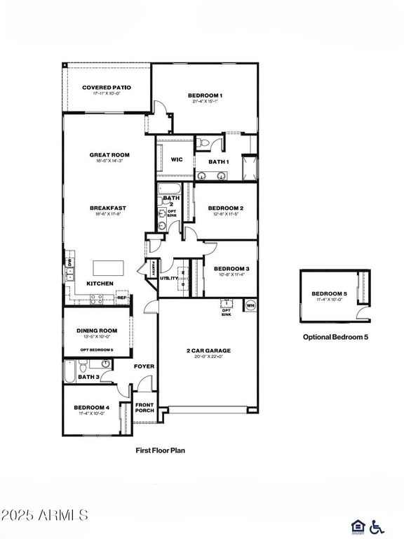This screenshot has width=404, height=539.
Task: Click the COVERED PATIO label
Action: point(107,88)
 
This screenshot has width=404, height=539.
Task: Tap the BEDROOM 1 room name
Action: point(205,95)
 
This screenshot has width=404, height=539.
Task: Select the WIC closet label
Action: point(177,159)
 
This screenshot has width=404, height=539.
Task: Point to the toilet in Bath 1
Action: point(203,143)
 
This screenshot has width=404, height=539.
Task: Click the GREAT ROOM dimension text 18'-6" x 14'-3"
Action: point(109,161)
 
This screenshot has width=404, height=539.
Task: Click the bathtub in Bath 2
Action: point(169,188)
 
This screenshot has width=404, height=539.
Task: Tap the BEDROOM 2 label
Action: point(225,208)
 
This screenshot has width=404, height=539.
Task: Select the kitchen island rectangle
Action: point(109,267)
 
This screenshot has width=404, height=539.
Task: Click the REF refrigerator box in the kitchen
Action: point(121,298)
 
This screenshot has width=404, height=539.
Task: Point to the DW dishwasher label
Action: point(69,262)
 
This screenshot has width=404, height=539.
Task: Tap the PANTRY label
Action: point(151,268)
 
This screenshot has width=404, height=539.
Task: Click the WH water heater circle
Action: point(250,305)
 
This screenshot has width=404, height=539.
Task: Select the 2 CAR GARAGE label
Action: point(208,350)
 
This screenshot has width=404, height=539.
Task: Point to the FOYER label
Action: point(144,366)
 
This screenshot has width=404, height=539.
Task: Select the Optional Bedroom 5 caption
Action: point(335,337)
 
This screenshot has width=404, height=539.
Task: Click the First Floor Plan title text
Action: point(160,451)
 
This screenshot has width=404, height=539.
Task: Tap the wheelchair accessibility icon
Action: point(377,526)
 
